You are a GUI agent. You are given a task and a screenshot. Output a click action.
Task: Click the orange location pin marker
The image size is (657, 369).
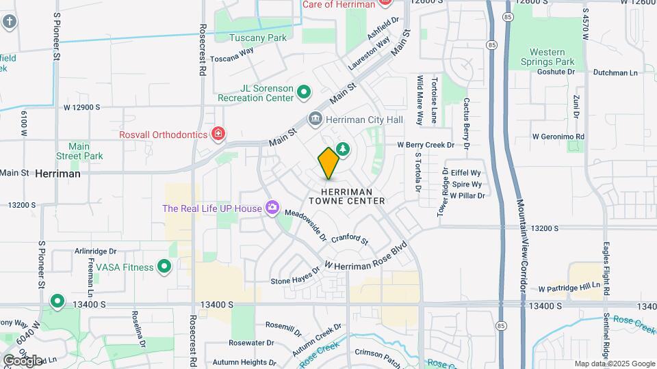tap(328, 163)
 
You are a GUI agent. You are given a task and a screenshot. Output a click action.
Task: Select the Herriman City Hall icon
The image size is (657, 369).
tap(315, 119)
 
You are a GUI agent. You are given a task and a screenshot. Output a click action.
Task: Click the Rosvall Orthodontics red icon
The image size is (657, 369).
tap(218, 133)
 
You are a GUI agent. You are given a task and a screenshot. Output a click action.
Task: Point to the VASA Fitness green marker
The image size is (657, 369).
tap(164, 266)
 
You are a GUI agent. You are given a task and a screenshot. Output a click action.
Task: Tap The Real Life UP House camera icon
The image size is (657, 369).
tap(272, 207)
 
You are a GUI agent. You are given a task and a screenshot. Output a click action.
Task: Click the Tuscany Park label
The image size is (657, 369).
tap(258, 38)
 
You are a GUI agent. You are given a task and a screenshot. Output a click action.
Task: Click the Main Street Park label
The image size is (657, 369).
tap(86, 151)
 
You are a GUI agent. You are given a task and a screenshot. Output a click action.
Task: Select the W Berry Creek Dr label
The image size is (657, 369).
tap(426, 145)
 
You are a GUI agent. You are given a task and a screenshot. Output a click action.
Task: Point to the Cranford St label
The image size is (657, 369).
tap(350, 240)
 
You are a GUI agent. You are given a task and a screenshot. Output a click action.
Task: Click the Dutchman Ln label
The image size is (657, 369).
tap(615, 72)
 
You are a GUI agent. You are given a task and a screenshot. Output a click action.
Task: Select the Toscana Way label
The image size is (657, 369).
tap(231, 59)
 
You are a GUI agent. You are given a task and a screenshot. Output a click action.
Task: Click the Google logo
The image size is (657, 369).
tap(22, 361)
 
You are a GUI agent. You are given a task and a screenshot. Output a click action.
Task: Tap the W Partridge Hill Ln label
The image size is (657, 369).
tap(569, 288)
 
